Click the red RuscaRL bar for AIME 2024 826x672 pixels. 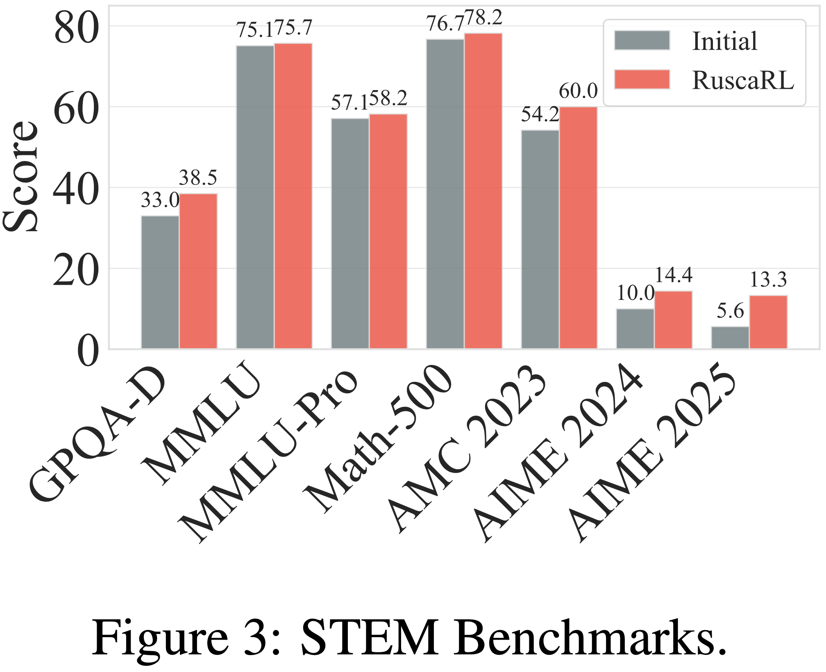(x=674, y=320)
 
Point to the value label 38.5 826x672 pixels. (x=198, y=178)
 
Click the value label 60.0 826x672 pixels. (x=578, y=91)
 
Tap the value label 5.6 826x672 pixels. (x=730, y=311)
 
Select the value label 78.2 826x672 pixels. (x=483, y=18)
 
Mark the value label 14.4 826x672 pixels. (x=674, y=275)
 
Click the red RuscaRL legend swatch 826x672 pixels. (x=642, y=79)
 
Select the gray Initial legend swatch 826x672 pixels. (x=642, y=40)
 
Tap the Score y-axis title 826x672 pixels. (x=20, y=176)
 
